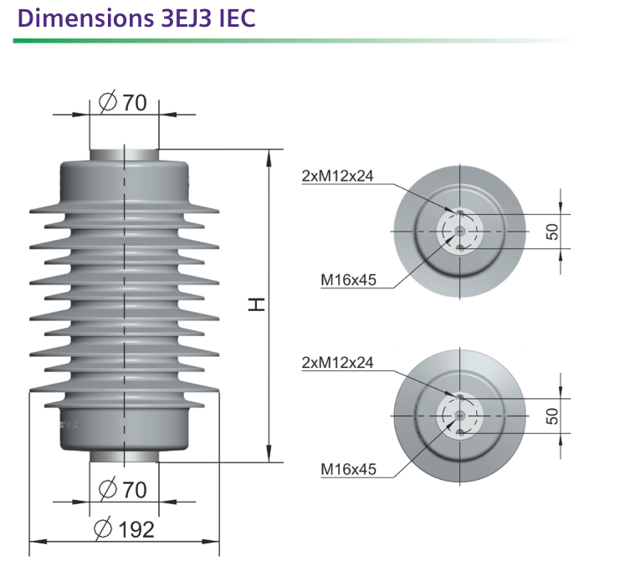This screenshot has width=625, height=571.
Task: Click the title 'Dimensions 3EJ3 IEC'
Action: point(136,18)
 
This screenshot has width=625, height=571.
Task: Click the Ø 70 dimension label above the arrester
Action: point(123,102)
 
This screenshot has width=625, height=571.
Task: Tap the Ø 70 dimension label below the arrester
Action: point(123,489)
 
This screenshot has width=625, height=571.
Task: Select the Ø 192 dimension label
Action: point(124,529)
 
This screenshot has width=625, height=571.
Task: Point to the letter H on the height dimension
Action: point(257,304)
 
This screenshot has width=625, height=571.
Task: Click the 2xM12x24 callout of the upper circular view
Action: point(338,176)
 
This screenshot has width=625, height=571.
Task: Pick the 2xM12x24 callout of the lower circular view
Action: point(338,362)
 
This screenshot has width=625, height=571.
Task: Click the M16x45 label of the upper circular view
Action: point(348,280)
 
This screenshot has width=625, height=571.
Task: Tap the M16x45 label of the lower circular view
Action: point(348,470)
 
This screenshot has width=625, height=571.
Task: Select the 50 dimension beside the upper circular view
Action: point(552,232)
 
